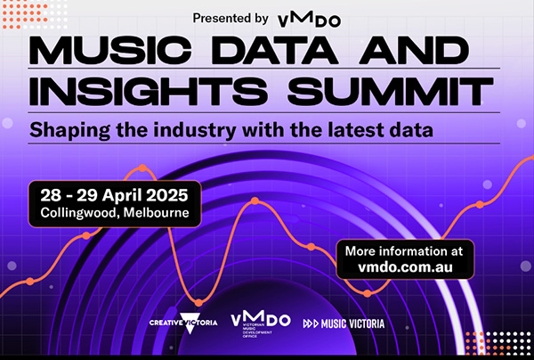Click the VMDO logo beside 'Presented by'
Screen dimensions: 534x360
click(x=309, y=19)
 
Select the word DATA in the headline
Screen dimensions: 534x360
click(x=277, y=51)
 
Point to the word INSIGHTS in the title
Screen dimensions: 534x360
click(x=149, y=92)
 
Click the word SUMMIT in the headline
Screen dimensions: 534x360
click(x=391, y=92)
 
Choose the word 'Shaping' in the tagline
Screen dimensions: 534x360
click(x=69, y=131)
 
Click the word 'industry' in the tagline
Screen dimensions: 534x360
click(x=194, y=130)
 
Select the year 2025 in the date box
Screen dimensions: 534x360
click(x=167, y=195)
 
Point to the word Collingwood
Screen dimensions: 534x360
click(x=80, y=213)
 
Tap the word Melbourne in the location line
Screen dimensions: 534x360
click(x=157, y=213)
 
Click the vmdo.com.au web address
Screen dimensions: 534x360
click(x=405, y=267)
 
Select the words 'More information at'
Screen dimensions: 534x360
click(x=404, y=251)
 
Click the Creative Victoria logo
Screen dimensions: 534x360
click(x=183, y=323)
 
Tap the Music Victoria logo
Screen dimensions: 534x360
click(x=344, y=323)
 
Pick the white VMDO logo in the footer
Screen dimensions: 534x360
click(x=261, y=323)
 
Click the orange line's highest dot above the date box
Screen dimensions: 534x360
click(x=142, y=168)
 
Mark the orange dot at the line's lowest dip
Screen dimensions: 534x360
click(x=198, y=302)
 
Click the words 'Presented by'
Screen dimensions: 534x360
click(x=231, y=18)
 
